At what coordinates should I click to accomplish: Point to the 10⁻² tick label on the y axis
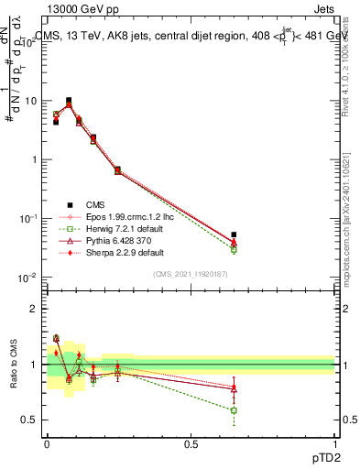[x=29, y=278]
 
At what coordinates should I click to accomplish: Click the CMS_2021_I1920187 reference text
[x=191, y=274]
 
